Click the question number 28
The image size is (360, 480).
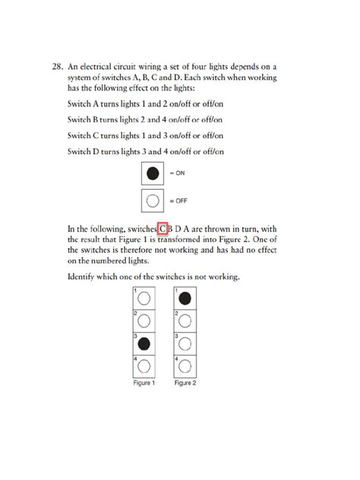[58, 66]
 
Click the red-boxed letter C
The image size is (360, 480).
[163, 227]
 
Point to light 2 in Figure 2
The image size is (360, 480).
[185, 321]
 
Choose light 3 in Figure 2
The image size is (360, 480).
[185, 343]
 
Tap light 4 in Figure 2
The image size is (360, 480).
[185, 366]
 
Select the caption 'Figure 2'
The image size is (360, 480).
[185, 384]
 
